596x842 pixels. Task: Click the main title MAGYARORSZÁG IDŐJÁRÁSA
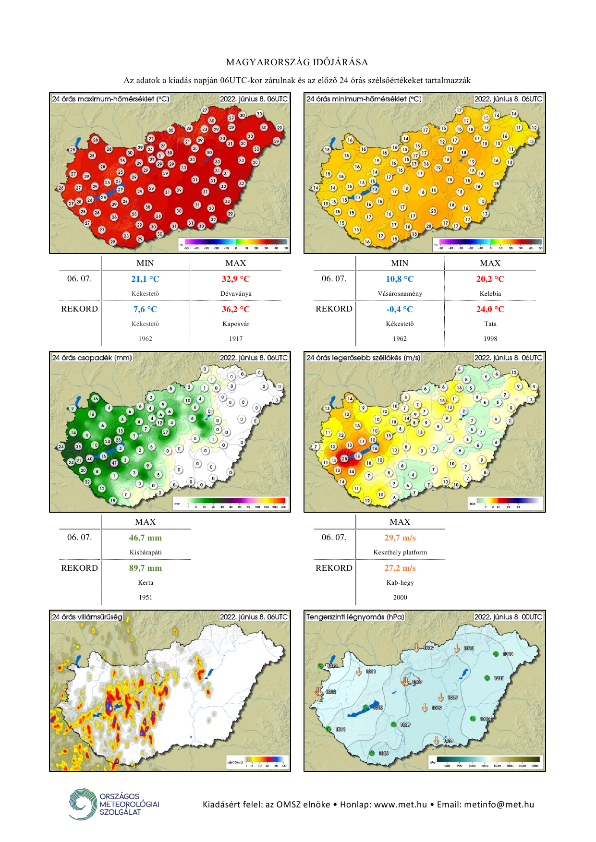coord(297,62)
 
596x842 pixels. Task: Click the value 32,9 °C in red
coord(235,279)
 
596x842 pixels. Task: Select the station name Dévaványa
coord(236,293)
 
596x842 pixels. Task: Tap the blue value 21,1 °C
coord(145,279)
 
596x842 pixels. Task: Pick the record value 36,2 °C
coord(235,309)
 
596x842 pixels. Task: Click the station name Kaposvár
coord(236,324)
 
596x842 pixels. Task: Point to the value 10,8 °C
coord(400,279)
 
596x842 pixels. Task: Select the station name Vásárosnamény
coord(400,293)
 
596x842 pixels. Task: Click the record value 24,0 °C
coord(490,309)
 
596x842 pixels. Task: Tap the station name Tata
coord(490,324)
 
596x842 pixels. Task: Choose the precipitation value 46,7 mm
coord(145,538)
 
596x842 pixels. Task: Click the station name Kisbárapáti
coord(146,552)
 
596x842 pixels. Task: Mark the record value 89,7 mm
coord(145,568)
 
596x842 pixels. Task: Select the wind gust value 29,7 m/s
coord(400,538)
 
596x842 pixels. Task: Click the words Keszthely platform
coord(400,552)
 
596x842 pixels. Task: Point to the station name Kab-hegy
coord(400,582)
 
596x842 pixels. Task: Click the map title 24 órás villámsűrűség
coord(87,617)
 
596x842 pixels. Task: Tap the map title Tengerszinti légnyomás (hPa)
coord(355,617)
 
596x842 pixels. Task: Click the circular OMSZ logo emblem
coord(82,804)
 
